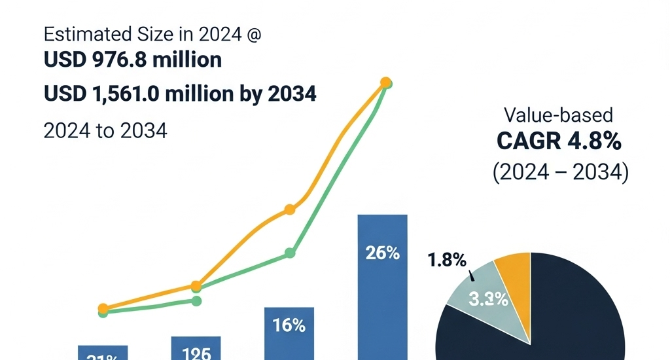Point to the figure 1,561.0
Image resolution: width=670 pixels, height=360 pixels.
[124, 94]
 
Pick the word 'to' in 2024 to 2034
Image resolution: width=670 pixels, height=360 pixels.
[105, 130]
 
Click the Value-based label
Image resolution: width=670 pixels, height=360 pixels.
[558, 116]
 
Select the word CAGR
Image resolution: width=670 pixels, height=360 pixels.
[524, 140]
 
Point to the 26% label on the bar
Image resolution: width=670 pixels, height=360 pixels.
[383, 253]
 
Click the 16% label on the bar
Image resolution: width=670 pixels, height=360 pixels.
[289, 325]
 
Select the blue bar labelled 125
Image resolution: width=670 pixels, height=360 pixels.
[196, 348]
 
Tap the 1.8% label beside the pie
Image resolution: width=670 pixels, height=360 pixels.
[447, 260]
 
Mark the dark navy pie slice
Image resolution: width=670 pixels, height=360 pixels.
[576, 314]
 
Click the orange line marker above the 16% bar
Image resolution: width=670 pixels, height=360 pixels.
[290, 209]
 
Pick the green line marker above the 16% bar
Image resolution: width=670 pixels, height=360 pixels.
[290, 253]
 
